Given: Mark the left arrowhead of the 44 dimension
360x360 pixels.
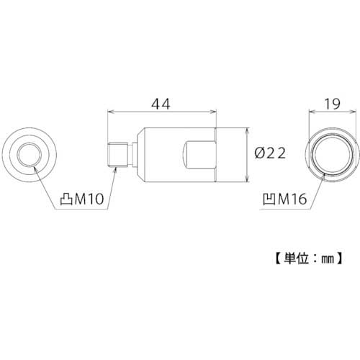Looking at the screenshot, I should (x=110, y=112).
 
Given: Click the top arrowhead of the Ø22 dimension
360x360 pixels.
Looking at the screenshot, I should (x=248, y=131).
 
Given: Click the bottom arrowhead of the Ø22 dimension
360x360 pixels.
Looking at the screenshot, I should (x=248, y=181).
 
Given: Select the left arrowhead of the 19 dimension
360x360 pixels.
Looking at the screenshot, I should (x=312, y=112).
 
